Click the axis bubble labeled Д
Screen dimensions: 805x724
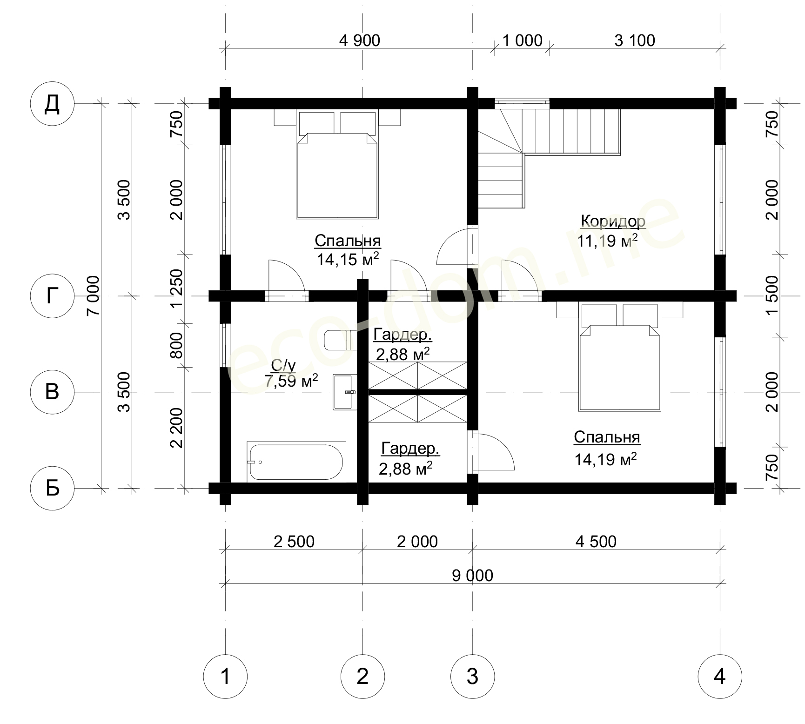[x=52, y=104]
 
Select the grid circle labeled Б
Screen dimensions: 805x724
[x=52, y=489]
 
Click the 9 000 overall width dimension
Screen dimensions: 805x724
[x=472, y=576]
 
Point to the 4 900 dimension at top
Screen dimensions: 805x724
[x=360, y=40]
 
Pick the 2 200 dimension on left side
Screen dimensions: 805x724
[x=177, y=428]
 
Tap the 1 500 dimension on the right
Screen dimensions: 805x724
[x=771, y=296]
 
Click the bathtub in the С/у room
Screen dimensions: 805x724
[x=296, y=462]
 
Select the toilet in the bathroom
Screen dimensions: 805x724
[x=340, y=340]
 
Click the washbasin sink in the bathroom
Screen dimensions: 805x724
[x=345, y=392]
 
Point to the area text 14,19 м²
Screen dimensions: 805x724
[x=605, y=459]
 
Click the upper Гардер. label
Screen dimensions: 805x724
[x=402, y=335]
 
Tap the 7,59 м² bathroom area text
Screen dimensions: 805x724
[x=291, y=382]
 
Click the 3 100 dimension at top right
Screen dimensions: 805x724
[x=635, y=40]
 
